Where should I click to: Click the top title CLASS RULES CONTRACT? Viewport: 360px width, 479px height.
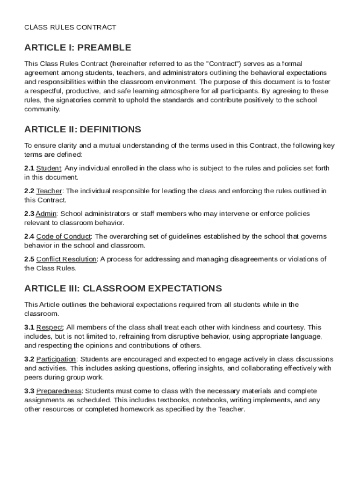coord(70,27)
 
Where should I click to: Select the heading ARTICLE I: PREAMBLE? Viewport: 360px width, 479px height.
coord(78,48)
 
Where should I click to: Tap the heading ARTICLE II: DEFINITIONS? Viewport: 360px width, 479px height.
coord(82,129)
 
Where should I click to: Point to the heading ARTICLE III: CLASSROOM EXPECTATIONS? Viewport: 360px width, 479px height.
coord(123,288)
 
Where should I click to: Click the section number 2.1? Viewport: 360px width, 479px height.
coord(29,168)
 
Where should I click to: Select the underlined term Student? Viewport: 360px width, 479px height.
coord(49,168)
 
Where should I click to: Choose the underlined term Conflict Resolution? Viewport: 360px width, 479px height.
coord(66,259)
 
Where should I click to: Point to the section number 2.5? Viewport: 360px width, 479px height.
coord(29,259)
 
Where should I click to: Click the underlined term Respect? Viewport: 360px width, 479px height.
coord(50,327)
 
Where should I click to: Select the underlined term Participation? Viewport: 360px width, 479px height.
coord(56,359)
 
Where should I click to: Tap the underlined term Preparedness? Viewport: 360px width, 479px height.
coord(59,391)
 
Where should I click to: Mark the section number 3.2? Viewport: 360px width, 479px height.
coord(29,359)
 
